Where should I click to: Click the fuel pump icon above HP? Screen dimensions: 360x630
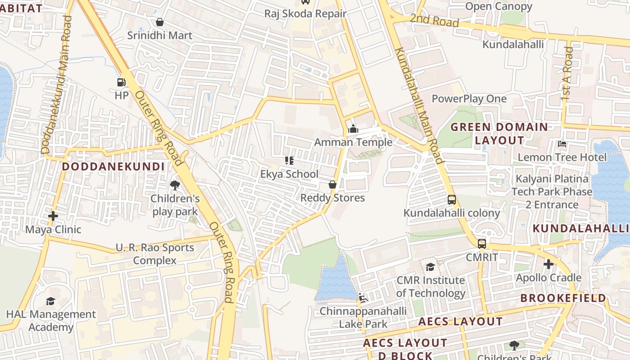(121, 82)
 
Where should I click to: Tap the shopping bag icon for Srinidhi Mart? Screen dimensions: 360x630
(159, 22)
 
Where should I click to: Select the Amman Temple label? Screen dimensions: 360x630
(353, 142)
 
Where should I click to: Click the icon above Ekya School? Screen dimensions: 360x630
(289, 161)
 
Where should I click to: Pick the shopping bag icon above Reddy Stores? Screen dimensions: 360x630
(332, 184)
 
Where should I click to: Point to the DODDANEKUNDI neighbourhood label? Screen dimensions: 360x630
(113, 166)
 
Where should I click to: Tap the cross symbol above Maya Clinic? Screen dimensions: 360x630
(53, 216)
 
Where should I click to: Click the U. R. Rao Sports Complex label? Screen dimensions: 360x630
(155, 254)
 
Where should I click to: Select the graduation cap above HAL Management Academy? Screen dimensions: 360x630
(50, 301)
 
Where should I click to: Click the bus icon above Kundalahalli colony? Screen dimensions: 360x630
(452, 200)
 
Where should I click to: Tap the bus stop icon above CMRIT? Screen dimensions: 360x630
(482, 244)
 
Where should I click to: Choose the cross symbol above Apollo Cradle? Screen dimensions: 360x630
(548, 264)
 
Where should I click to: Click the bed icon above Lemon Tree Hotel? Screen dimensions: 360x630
(562, 144)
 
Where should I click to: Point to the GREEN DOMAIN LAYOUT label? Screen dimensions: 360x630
(499, 134)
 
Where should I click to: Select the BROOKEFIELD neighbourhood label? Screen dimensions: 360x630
(563, 298)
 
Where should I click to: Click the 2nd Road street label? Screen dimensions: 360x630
(434, 21)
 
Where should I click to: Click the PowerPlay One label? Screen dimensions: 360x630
(469, 99)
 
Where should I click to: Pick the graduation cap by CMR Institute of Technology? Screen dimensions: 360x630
(430, 267)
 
